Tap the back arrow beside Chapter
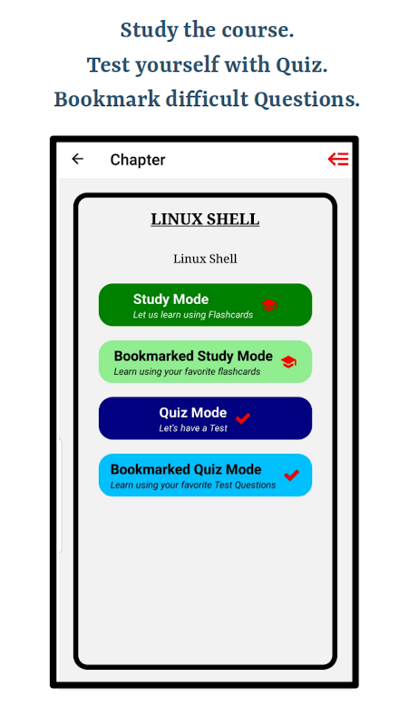coord(77,159)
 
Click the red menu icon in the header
coord(338,160)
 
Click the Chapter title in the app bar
coord(138,160)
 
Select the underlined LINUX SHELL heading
coord(205,220)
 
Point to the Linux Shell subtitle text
coord(205,259)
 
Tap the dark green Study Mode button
coord(205,305)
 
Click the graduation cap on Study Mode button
coord(269,305)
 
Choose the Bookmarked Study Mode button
coord(205,361)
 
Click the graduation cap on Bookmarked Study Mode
coord(288,362)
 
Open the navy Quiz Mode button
coord(205,418)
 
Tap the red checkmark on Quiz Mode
coord(243,418)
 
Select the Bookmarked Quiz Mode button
coord(205,475)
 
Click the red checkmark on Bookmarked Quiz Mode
coord(291,475)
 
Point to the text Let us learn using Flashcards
coord(193,315)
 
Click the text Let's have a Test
coord(193,428)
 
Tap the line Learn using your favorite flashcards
coord(187,372)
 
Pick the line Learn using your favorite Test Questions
coord(193,486)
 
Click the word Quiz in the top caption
coord(302,65)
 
